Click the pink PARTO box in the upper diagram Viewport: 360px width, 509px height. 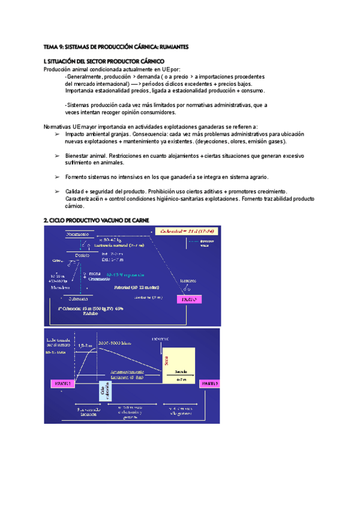pos(188,298)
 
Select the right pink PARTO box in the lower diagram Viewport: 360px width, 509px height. pos(209,382)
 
